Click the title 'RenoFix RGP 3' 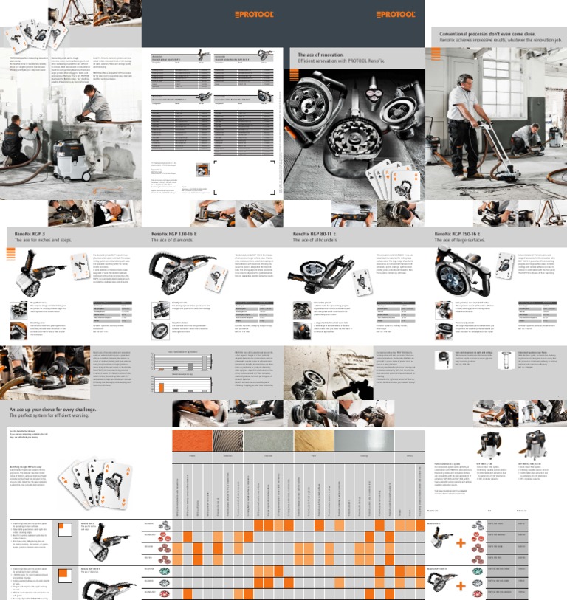click(30, 233)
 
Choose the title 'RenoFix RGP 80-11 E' click(317, 233)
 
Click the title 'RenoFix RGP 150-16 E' click(461, 233)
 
